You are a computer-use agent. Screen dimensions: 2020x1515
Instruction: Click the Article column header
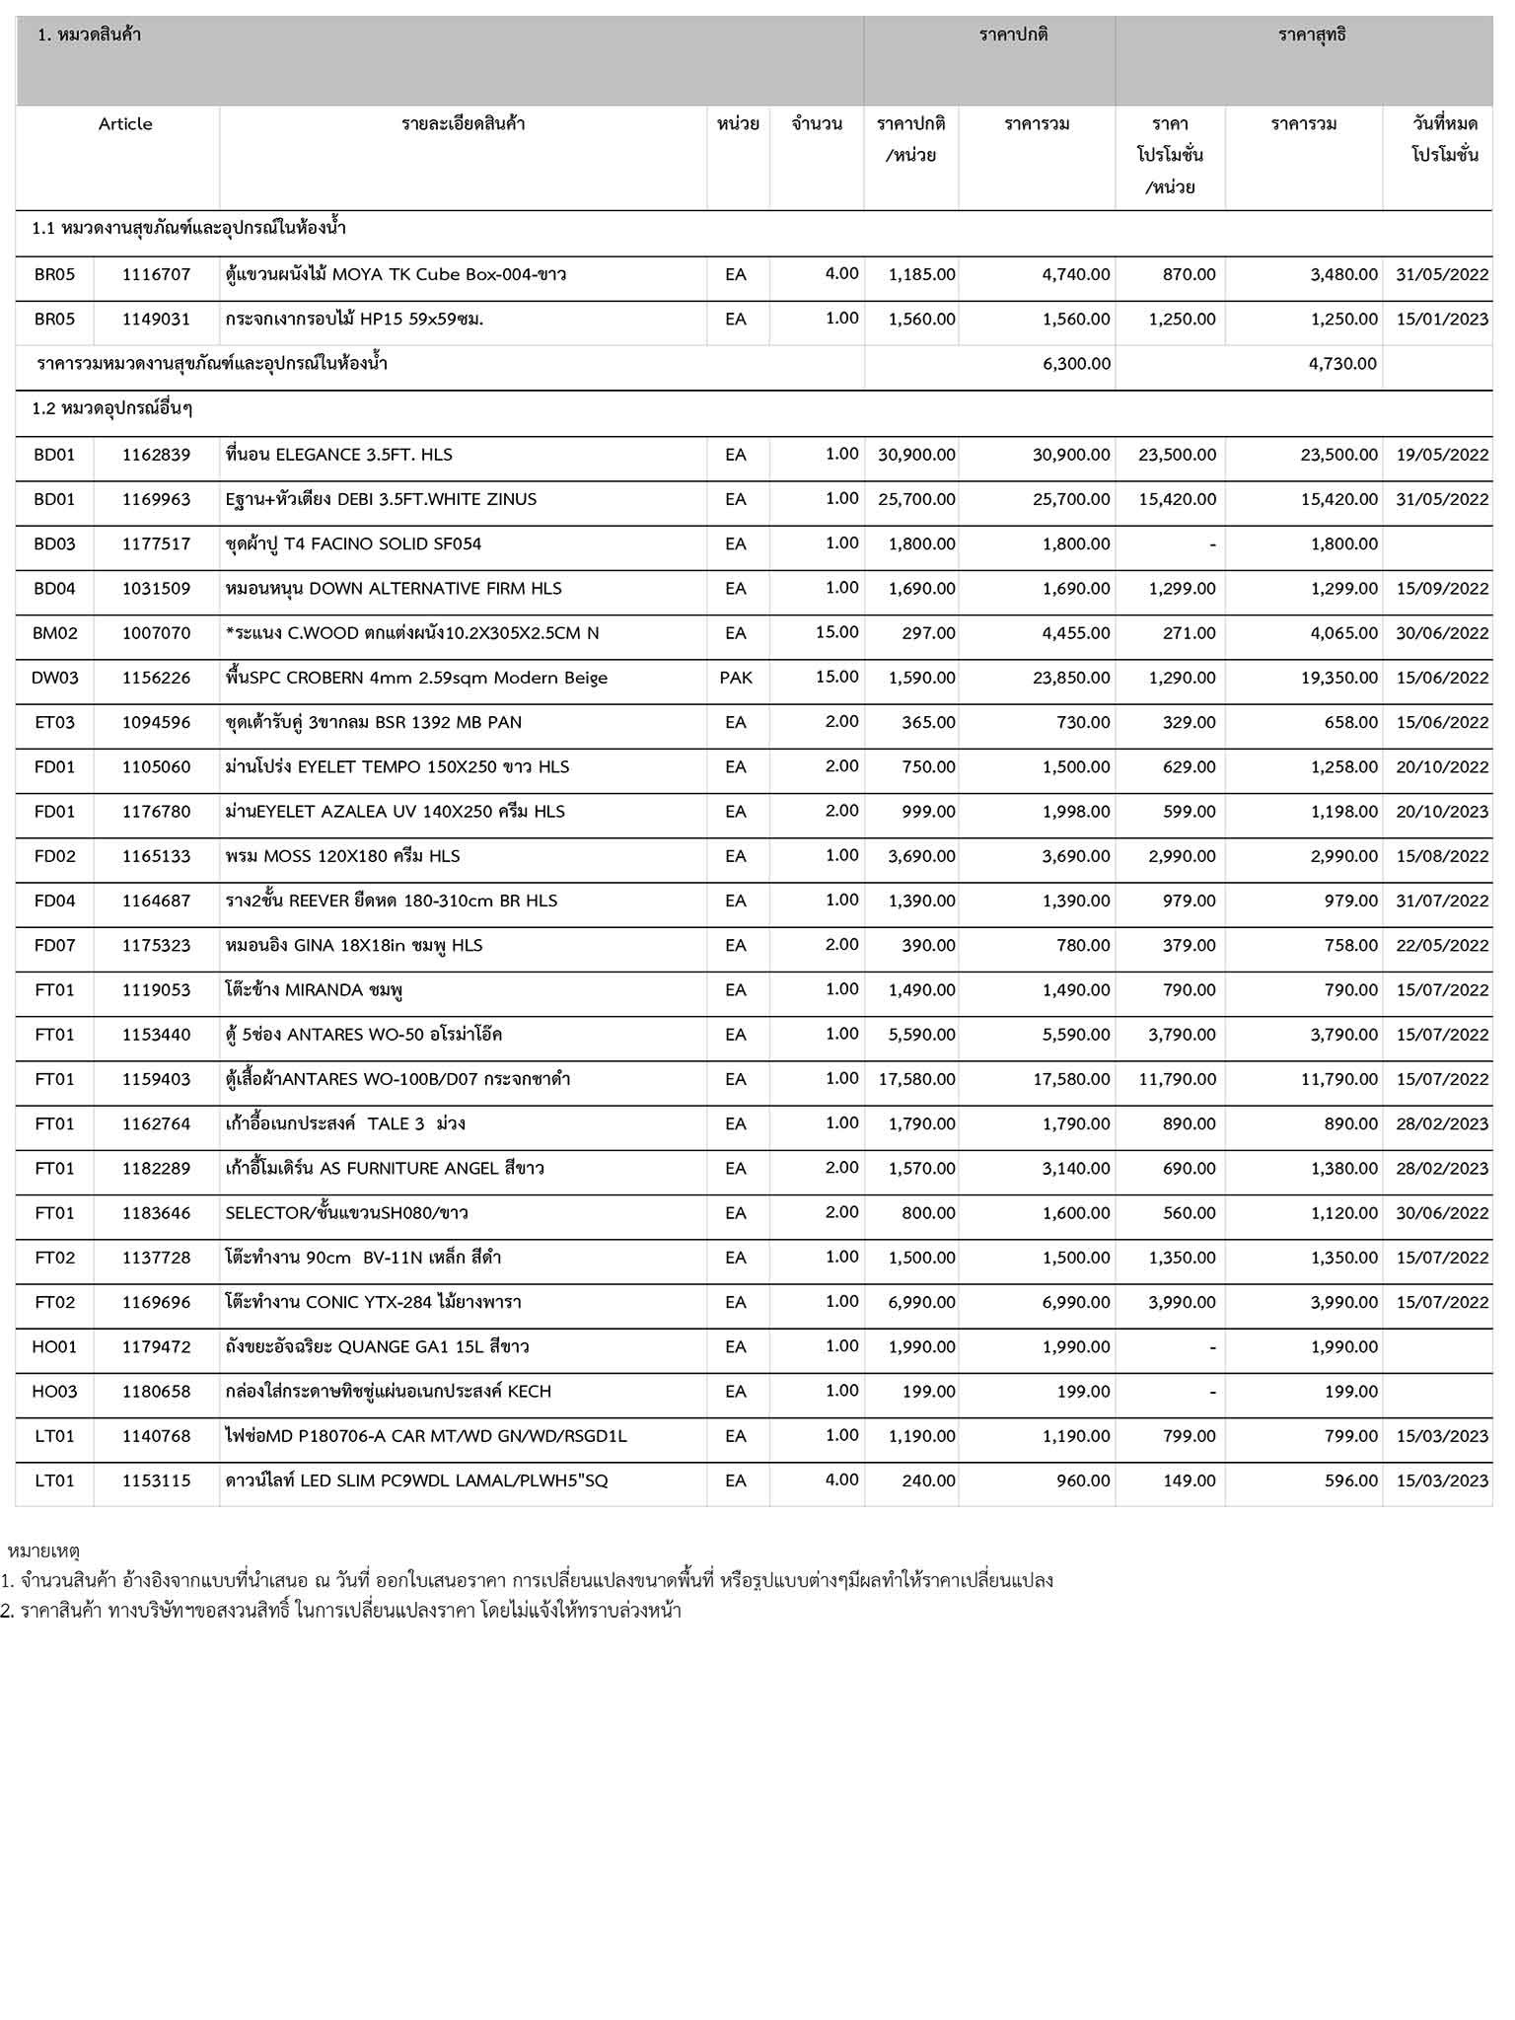[125, 124]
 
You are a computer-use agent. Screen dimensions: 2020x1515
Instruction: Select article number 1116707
[156, 274]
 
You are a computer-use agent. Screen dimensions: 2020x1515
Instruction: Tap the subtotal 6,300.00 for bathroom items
[1076, 364]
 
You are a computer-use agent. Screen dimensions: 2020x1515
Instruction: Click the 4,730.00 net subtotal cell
[1342, 364]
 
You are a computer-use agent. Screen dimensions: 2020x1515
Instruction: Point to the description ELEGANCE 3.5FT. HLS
[339, 455]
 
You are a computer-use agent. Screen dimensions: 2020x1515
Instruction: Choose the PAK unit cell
[736, 678]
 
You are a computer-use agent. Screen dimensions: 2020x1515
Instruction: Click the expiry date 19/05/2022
[1441, 455]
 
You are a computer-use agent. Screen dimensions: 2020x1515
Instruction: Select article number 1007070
[156, 633]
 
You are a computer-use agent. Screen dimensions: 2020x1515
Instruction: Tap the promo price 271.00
[1189, 633]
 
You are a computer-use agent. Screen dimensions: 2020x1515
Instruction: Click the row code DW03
[54, 678]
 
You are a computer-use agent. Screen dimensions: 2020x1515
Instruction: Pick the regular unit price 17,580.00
[916, 1079]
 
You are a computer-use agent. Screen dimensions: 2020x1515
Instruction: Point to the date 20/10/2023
[1441, 812]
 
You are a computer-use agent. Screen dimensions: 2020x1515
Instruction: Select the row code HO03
[54, 1392]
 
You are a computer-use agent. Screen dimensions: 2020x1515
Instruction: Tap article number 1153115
[156, 1480]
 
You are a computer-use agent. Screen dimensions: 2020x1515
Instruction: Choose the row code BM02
[54, 633]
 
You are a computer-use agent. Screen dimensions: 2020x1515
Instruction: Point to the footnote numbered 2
[341, 1612]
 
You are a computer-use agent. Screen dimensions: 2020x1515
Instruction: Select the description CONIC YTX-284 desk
[373, 1302]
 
